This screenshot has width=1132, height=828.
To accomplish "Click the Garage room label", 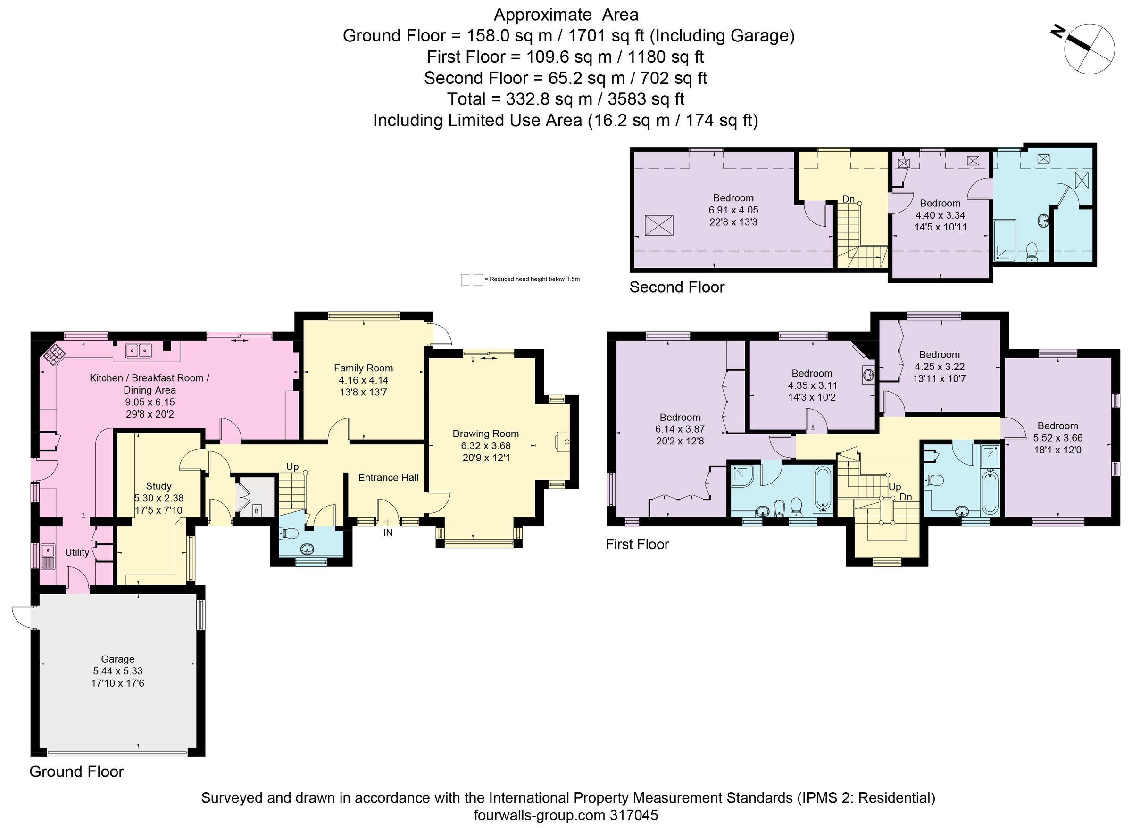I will point(117,659).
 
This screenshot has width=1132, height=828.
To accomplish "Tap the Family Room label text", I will point(363,368).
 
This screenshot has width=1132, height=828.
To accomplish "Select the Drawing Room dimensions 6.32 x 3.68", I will point(485,446).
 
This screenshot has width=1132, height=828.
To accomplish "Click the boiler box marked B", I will point(257,511).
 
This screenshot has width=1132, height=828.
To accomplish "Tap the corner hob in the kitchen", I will point(54,355).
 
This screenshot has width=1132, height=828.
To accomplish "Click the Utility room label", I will point(77,552).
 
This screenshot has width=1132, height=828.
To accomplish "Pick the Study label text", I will point(158,486).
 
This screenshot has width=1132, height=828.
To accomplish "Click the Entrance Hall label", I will point(388,478).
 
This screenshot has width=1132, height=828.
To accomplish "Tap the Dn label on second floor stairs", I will point(848,199).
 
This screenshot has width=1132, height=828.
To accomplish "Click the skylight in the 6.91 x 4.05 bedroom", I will point(658,225).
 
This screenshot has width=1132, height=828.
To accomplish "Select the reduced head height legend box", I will point(472,279).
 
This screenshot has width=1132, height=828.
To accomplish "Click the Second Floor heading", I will point(676,287).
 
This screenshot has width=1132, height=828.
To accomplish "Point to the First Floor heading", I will point(637,544).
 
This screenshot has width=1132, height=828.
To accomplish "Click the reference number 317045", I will point(634,815).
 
